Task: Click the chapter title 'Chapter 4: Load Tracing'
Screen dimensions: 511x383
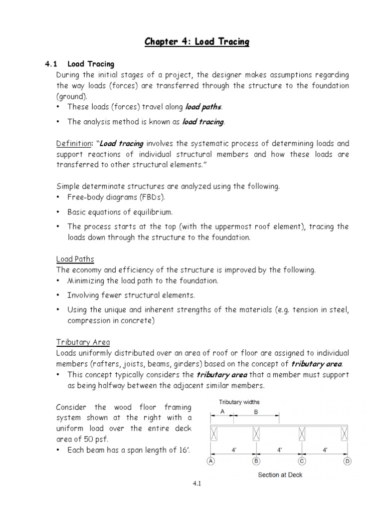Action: click(x=197, y=42)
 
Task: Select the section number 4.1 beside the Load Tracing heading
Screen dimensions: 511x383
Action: click(x=52, y=64)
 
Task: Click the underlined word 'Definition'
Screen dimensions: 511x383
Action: click(x=74, y=144)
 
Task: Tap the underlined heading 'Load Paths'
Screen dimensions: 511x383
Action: click(x=75, y=259)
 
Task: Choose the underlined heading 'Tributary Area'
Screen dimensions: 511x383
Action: click(x=83, y=342)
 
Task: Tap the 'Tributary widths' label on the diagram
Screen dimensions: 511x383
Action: click(x=239, y=402)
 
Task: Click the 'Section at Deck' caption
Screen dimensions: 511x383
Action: click(x=280, y=475)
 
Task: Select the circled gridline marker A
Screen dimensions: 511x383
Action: click(x=211, y=462)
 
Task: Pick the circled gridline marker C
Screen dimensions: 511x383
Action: click(x=302, y=462)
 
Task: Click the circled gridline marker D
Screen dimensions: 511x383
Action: click(x=347, y=462)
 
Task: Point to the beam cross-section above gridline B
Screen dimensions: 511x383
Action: click(x=256, y=433)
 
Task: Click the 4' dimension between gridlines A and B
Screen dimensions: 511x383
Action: click(x=234, y=450)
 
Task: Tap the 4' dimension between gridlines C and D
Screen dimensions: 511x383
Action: click(x=325, y=450)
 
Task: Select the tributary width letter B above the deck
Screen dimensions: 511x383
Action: click(x=256, y=412)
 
